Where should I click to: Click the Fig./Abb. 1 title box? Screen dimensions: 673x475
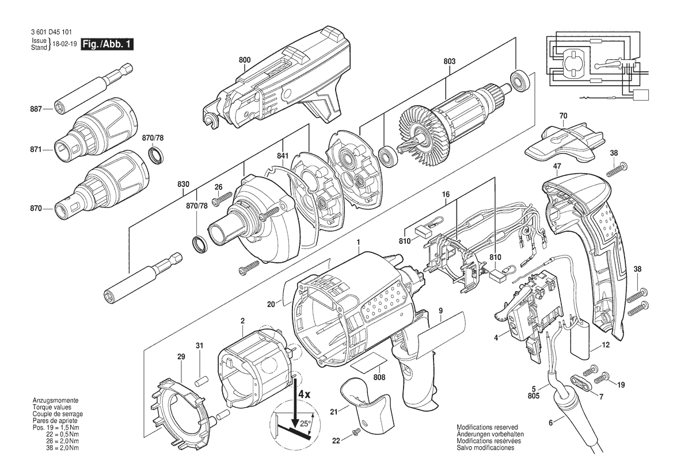pyautogui.click(x=107, y=44)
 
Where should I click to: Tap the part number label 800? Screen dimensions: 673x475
pyautogui.click(x=245, y=60)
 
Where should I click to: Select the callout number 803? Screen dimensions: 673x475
pyautogui.click(x=450, y=62)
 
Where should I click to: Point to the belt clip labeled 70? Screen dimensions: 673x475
pyautogui.click(x=565, y=143)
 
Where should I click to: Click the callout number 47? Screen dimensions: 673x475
pyautogui.click(x=557, y=166)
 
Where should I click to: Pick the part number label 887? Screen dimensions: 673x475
pyautogui.click(x=36, y=109)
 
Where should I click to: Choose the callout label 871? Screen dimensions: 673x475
pyautogui.click(x=36, y=150)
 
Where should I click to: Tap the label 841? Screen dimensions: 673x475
pyautogui.click(x=282, y=156)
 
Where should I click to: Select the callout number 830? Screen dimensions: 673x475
pyautogui.click(x=183, y=185)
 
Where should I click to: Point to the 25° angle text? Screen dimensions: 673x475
pyautogui.click(x=305, y=424)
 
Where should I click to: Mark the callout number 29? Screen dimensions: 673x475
pyautogui.click(x=181, y=357)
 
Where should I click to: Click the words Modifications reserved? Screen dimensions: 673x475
pyautogui.click(x=486, y=427)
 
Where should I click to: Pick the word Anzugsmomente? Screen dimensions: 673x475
pyautogui.click(x=52, y=400)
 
